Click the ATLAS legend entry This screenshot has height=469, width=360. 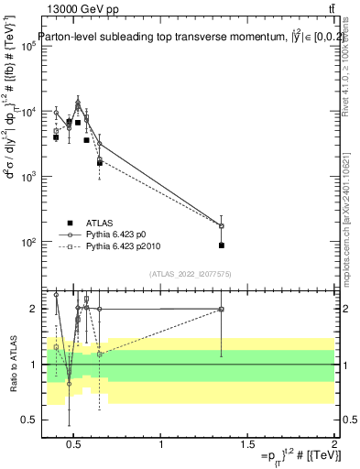click(101, 223)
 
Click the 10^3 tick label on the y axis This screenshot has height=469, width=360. click(27, 177)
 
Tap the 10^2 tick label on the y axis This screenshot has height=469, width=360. click(27, 243)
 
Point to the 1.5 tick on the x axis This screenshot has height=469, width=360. click(248, 446)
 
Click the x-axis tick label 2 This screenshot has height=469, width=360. click(334, 446)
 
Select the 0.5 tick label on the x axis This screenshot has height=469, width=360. click(75, 446)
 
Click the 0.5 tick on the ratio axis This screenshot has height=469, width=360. click(27, 420)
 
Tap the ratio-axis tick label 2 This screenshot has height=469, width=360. click(31, 309)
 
